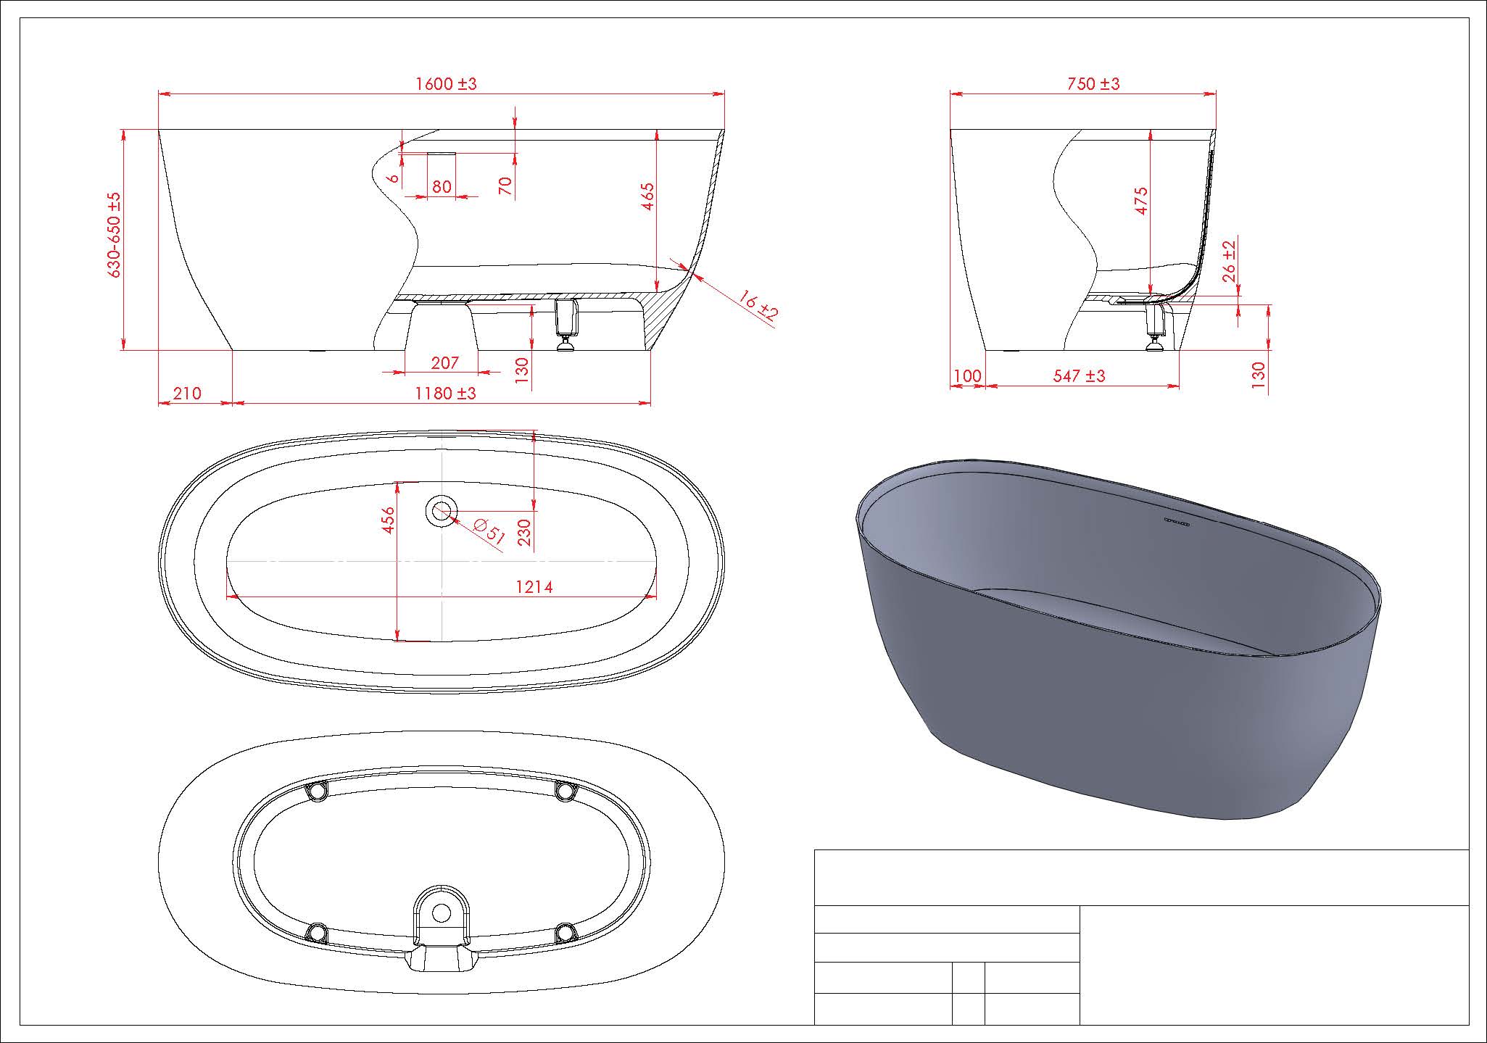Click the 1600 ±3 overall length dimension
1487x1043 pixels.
[446, 84]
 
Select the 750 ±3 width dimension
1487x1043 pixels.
[1093, 84]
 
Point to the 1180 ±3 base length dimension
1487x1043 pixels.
[445, 394]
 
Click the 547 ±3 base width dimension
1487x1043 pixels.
[1079, 375]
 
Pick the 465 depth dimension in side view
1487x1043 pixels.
[647, 196]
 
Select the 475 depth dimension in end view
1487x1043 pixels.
[1141, 201]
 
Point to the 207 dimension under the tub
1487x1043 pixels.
[444, 362]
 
